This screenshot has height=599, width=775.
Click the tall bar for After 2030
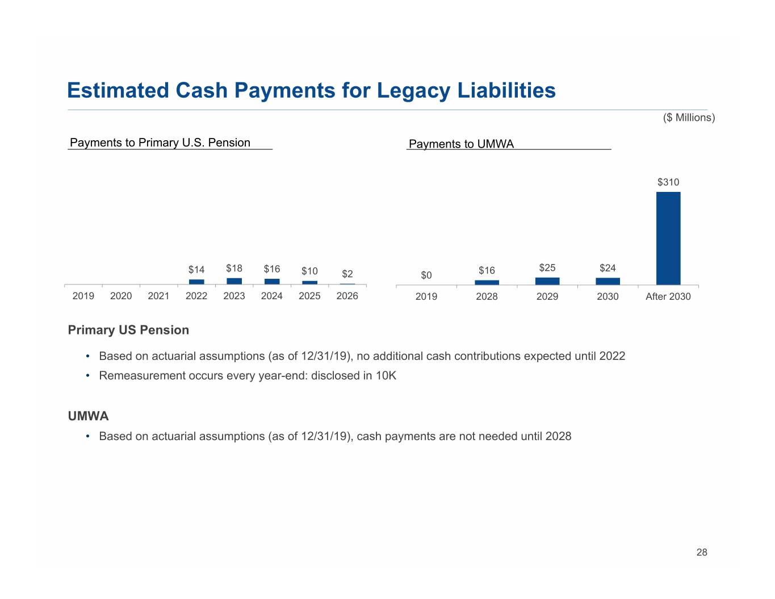pos(668,238)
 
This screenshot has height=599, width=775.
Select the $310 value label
pos(668,182)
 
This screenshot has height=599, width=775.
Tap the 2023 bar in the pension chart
pos(234,281)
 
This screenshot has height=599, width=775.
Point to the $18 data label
pos(234,268)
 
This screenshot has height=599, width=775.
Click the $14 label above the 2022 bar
pos(196,270)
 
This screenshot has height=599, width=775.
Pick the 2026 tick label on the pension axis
pos(347,296)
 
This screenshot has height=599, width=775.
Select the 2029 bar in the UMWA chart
pos(547,281)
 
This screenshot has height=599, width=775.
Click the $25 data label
pos(547,268)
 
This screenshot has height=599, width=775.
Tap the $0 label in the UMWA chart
pos(426,275)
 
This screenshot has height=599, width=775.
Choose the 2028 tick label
pos(487,296)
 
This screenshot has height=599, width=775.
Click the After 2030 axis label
pos(668,296)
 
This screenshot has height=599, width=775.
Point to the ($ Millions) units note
pos(689,118)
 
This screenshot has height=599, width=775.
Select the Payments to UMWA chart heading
pos(461,144)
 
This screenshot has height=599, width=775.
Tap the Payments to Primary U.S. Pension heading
pos(160,143)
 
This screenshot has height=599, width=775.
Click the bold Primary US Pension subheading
pos(128,330)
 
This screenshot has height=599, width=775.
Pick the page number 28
pos(702,552)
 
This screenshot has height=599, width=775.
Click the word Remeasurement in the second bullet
pos(142,376)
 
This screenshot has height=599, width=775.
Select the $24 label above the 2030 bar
pos(608,268)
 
